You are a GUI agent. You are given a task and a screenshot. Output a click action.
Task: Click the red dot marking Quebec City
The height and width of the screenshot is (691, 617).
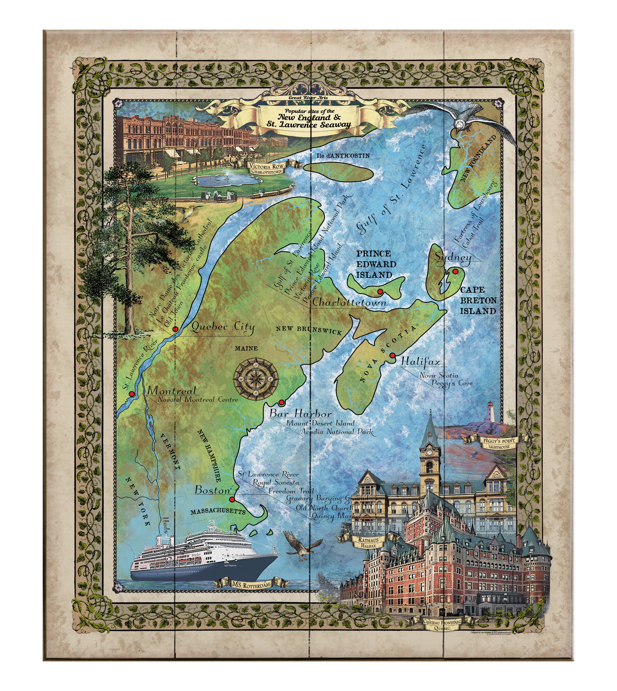click(x=175, y=329)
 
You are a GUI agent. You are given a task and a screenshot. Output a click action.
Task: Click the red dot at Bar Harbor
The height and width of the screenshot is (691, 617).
click(x=281, y=403)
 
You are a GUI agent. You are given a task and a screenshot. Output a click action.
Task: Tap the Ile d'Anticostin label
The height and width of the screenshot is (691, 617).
click(x=343, y=156)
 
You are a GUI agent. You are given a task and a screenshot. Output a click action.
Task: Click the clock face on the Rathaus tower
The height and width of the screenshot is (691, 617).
click(x=429, y=452)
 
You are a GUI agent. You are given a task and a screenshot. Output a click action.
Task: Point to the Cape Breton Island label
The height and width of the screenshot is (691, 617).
click(x=478, y=300)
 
